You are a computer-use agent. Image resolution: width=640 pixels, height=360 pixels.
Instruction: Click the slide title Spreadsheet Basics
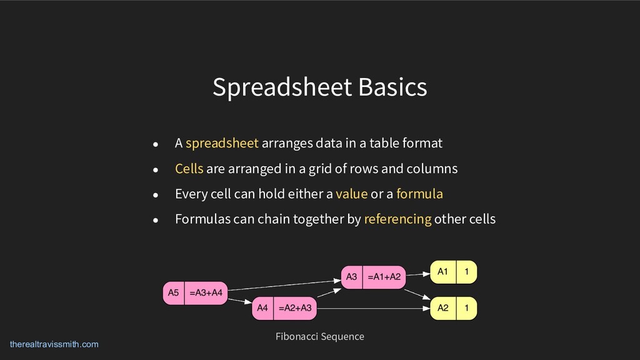[319, 87]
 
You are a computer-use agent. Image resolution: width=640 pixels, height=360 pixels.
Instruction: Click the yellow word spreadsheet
[222, 143]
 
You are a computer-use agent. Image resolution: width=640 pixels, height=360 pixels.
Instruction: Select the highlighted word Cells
[189, 169]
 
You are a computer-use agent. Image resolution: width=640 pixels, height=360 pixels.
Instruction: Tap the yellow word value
[351, 194]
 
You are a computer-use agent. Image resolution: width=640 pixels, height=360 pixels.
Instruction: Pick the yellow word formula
[419, 194]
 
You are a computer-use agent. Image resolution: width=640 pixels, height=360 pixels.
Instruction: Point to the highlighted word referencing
[397, 219]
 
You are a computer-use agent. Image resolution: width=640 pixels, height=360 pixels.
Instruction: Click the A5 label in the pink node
[174, 292]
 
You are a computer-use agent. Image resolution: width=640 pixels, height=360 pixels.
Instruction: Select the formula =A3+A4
[209, 292]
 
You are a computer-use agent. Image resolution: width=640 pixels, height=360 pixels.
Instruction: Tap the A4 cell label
[262, 308]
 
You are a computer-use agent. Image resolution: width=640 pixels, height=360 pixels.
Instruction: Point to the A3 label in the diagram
[351, 277]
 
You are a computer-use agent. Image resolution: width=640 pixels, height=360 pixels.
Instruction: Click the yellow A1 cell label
[442, 272]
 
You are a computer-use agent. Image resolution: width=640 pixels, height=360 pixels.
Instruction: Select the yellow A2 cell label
[442, 307]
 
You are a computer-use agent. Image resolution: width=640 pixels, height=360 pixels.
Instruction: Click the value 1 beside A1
[467, 272]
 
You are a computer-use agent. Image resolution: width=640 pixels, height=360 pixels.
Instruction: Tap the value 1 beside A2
[467, 307]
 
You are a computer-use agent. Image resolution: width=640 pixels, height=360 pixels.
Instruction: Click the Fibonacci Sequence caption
[319, 337]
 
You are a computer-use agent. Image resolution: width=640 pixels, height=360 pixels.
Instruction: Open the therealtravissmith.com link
[54, 344]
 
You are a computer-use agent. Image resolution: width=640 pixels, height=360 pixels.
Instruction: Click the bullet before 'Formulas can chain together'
[157, 220]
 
